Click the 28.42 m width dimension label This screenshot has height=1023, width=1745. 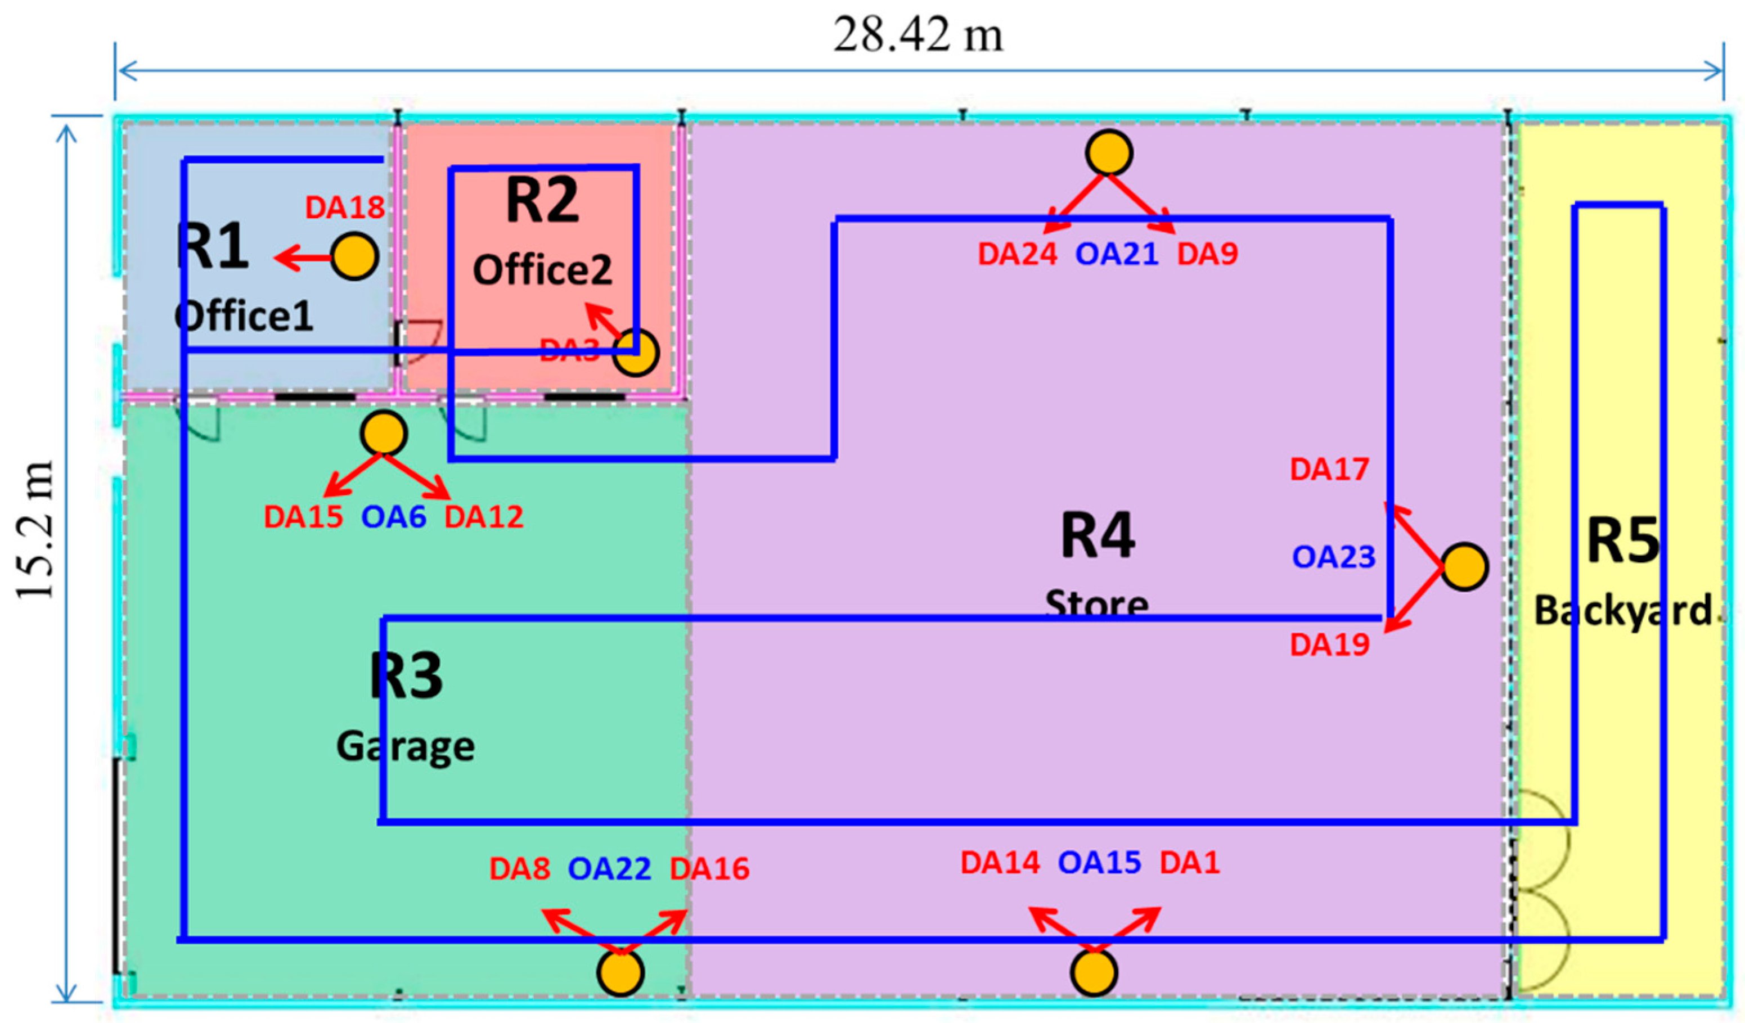tap(918, 35)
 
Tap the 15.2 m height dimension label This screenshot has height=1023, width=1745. tap(35, 529)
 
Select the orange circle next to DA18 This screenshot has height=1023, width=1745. tap(354, 256)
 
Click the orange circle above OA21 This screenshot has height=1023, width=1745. tap(1109, 153)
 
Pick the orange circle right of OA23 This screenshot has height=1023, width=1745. tap(1464, 567)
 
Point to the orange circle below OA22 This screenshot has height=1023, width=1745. tap(620, 972)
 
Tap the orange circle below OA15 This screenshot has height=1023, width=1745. tap(1094, 972)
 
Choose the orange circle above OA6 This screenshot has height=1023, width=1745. tap(384, 433)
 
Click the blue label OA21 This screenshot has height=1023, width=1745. tap(1116, 254)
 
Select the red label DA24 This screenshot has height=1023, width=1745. tap(1017, 254)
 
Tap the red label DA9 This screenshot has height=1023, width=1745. tap(1208, 254)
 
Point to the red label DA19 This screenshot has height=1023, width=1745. tap(1329, 645)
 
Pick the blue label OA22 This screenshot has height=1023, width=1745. tap(609, 869)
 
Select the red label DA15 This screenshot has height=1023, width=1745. tap(303, 517)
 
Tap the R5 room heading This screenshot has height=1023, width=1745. tap(1623, 541)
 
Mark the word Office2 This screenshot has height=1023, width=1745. tap(542, 270)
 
